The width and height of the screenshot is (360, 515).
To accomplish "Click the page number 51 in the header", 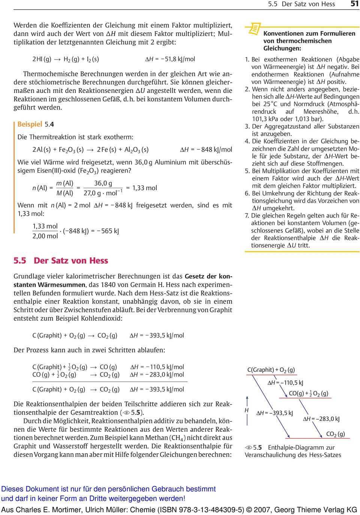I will pos(354,4).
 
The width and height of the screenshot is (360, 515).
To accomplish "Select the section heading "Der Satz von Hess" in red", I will pos(71,260).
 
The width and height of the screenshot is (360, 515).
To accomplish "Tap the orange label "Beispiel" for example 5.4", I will pos(30,124).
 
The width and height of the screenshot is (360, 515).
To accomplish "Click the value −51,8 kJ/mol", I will pos(175,59).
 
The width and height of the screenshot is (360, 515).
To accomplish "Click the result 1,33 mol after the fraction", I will pos(144,188).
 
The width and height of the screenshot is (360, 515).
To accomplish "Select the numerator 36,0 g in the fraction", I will pos(103,183).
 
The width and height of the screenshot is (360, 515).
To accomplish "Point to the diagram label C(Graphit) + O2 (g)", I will pos(271,370).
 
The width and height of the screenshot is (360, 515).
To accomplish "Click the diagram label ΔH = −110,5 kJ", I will pos(285,383).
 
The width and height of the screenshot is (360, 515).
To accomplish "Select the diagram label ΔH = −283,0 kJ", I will pos(321,419).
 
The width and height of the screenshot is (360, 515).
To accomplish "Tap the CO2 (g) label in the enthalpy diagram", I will pos(335,434).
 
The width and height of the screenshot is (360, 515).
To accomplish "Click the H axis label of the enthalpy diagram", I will pos(246,410).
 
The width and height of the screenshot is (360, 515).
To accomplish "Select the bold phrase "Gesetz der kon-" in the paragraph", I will pos(208,276).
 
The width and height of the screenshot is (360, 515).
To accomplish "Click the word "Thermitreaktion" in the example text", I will pos(52,137).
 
